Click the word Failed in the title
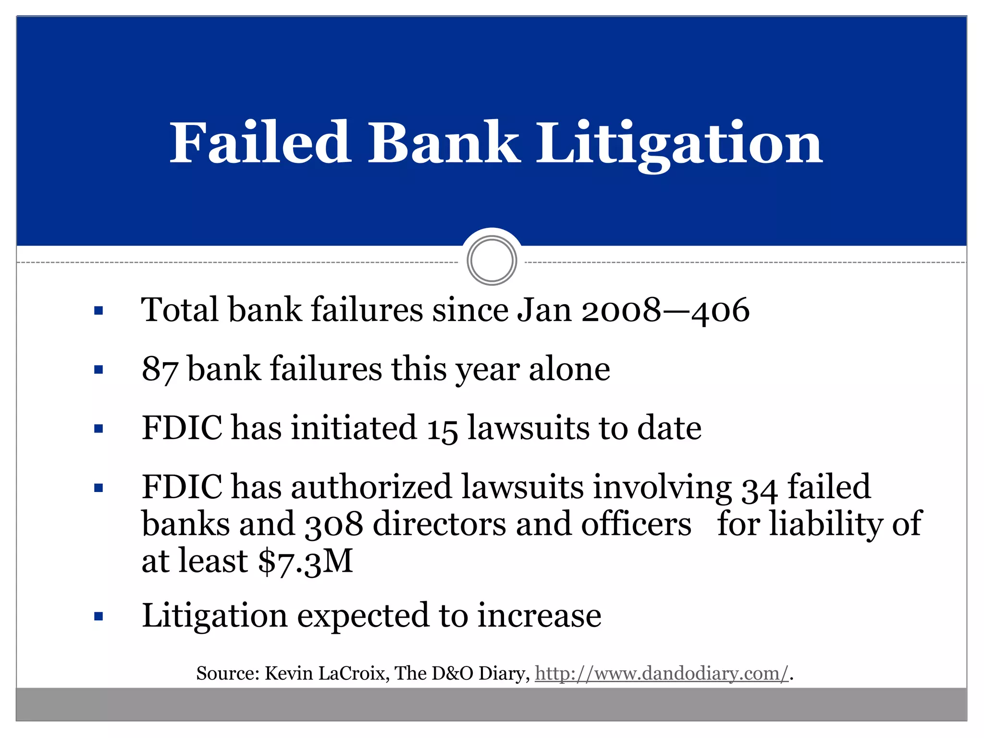point(260,143)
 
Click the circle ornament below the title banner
point(492,261)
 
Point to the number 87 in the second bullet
point(160,369)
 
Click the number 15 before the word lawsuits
point(442,429)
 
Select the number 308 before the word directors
point(334,524)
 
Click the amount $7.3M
point(306,561)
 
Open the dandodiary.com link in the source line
point(662,674)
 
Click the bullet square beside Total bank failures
point(99,311)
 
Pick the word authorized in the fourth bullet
point(371,487)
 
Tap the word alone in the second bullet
point(569,369)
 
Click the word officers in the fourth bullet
point(636,524)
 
